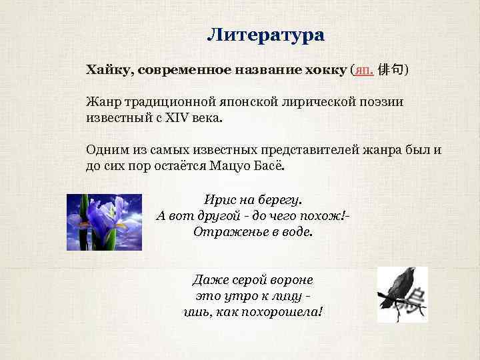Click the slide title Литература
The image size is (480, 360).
point(265,35)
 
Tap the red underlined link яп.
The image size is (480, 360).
point(364,70)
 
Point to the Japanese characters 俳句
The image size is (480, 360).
point(391,69)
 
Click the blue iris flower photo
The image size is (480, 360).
point(104,221)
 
